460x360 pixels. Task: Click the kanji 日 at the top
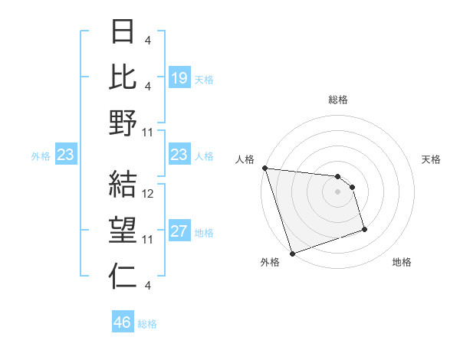pos(123,31)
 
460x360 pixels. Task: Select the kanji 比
pos(123,76)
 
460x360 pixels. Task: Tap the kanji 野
pos(123,123)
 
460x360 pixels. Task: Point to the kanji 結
pos(123,184)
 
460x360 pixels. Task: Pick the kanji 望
pos(123,231)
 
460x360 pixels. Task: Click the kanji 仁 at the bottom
pos(123,276)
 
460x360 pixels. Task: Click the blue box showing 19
pos(179,78)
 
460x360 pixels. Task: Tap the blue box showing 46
pos(123,322)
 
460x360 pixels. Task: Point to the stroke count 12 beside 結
pos(149,194)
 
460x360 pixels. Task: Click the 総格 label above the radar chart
pos(337,100)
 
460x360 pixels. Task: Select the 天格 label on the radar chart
pos(432,159)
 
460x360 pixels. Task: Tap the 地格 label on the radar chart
pos(402,262)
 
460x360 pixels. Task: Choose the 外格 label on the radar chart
pos(270,262)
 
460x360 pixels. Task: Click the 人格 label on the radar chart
pos(245,159)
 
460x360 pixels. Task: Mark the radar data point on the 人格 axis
pos(264,168)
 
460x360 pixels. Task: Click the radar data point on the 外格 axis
pos(292,253)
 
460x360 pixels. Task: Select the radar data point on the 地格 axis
pos(364,228)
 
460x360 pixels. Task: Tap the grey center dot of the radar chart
pos(337,191)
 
